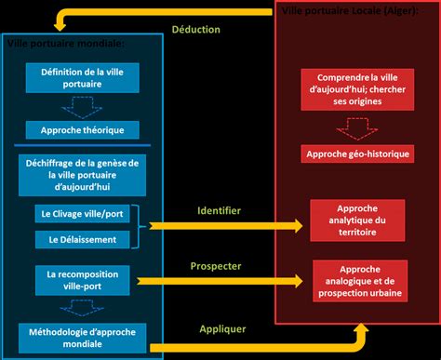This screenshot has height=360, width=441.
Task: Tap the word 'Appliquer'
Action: [221, 328]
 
